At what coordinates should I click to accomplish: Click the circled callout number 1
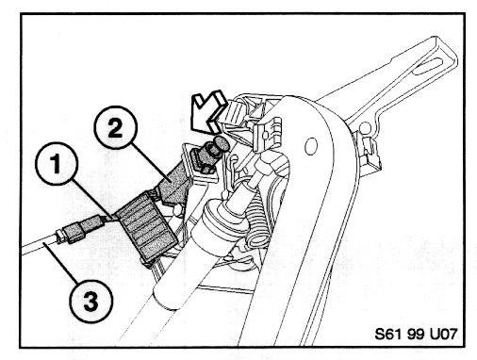click(x=57, y=164)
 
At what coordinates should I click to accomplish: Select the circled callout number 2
click(x=116, y=127)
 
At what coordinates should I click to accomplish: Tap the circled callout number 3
click(x=91, y=301)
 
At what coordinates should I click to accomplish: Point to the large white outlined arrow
click(x=209, y=110)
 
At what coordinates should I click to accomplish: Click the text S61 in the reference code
click(x=388, y=334)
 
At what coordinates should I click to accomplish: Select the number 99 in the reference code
click(x=416, y=334)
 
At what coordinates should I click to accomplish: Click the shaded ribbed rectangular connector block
click(x=146, y=226)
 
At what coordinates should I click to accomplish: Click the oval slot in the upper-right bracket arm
click(x=428, y=67)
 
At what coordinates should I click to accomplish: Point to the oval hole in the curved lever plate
click(x=310, y=146)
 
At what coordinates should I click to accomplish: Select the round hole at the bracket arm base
click(x=365, y=128)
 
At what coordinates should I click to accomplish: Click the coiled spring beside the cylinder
click(x=255, y=216)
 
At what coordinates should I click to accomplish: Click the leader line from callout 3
click(x=60, y=260)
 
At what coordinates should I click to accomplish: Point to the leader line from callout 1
click(x=92, y=199)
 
